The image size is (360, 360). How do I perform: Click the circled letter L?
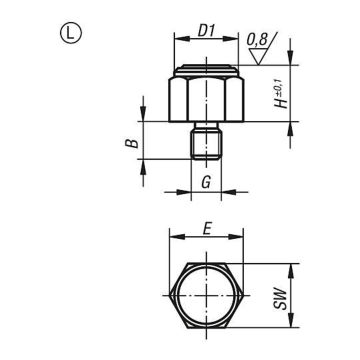click(x=70, y=33)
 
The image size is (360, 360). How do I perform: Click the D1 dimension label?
click(x=206, y=30)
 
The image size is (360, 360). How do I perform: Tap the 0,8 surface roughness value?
click(x=257, y=39)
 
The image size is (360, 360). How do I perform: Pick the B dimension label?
click(x=132, y=143)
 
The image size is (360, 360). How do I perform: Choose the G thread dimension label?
click(x=206, y=182)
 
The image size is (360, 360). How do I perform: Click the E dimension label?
click(x=207, y=228)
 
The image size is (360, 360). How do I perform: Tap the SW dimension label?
click(x=280, y=298)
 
